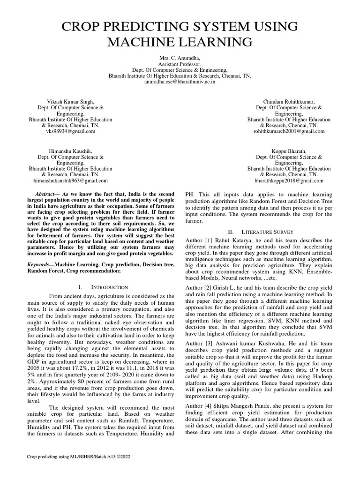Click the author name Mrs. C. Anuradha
coord(180,57)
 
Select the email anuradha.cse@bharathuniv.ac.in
coord(180,82)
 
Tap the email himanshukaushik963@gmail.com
coord(70,180)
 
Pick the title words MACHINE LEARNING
coord(180,43)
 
